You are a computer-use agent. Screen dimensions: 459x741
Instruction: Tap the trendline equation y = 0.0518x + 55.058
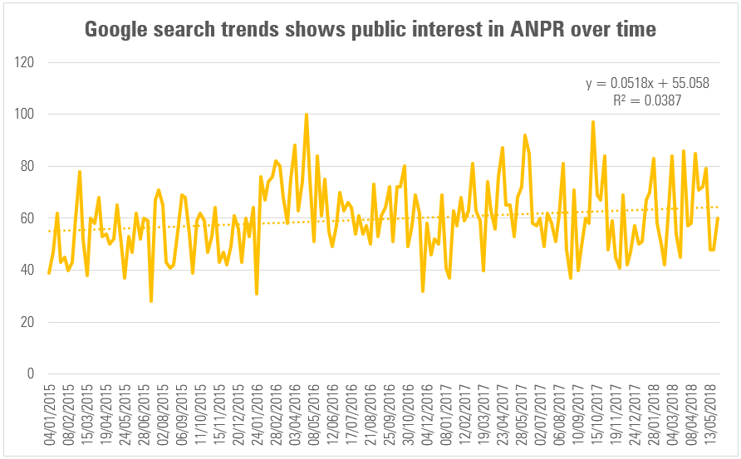pyautogui.click(x=647, y=84)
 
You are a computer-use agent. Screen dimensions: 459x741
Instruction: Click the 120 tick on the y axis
pyautogui.click(x=25, y=62)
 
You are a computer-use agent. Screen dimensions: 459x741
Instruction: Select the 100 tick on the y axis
pyautogui.click(x=25, y=115)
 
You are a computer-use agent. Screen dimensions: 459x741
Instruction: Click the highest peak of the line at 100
pyautogui.click(x=307, y=115)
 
